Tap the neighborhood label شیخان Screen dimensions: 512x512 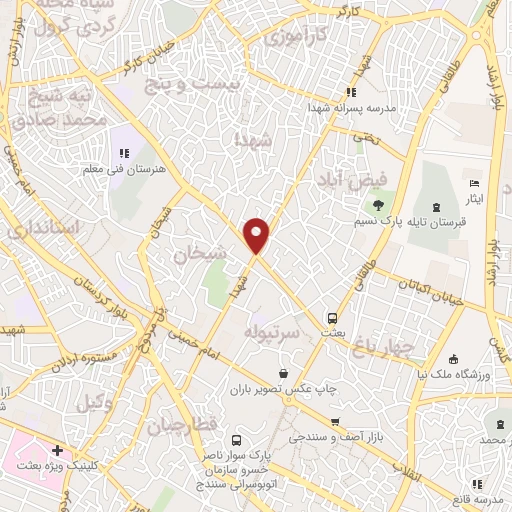click(x=195, y=256)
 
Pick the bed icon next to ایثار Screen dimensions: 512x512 click(x=475, y=185)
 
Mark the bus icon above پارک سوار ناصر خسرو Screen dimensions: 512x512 click(x=236, y=440)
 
